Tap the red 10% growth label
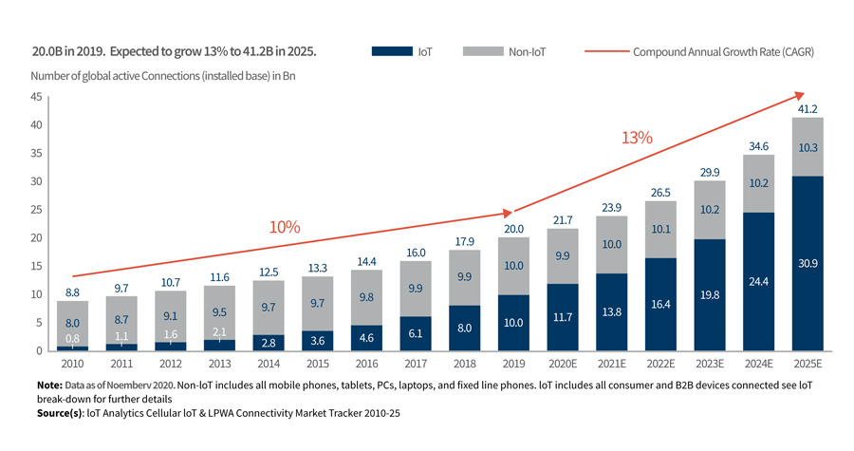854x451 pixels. pos(285,228)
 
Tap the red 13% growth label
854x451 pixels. pos(637,138)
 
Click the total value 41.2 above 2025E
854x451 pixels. pos(808,109)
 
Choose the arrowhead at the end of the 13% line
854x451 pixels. pos(799,95)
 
